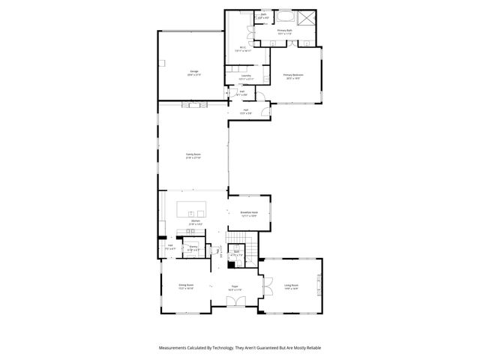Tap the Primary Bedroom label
(x=292, y=76)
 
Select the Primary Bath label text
(x=285, y=32)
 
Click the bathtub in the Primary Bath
(x=286, y=17)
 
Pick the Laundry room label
(x=245, y=76)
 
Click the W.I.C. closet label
(x=243, y=49)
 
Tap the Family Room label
(x=193, y=155)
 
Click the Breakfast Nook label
(x=249, y=213)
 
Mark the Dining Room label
(x=186, y=286)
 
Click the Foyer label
(x=235, y=286)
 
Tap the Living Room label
(x=291, y=286)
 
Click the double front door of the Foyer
(x=235, y=302)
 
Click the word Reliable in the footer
(x=311, y=348)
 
